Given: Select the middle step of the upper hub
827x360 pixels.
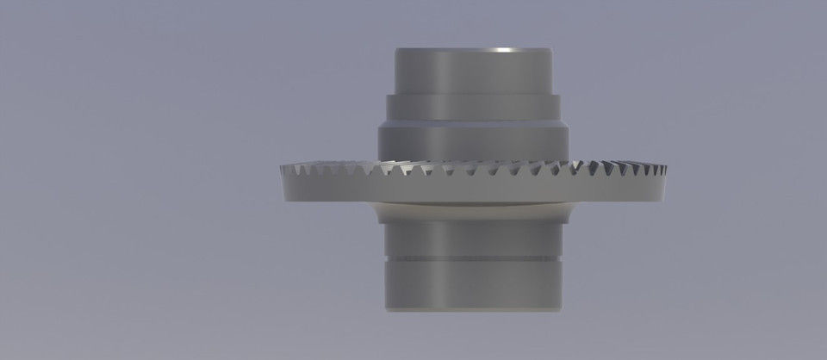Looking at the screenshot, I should click(x=472, y=107).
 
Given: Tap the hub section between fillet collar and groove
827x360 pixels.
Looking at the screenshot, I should click(x=472, y=238).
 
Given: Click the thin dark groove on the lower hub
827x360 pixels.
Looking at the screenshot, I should click(x=472, y=258).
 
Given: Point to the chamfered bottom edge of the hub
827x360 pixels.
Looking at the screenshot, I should click(x=472, y=307).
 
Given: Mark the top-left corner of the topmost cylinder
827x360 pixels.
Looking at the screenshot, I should click(x=396, y=50).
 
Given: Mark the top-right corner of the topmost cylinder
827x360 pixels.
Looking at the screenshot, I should click(x=550, y=50).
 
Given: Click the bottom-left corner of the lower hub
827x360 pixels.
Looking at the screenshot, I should click(x=386, y=307).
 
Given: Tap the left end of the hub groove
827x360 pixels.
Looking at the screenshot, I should click(x=385, y=258).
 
